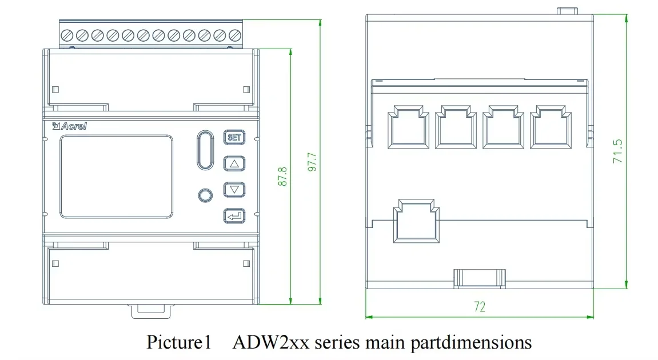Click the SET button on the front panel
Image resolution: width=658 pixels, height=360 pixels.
tap(233, 138)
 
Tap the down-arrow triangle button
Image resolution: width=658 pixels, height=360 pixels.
tap(233, 190)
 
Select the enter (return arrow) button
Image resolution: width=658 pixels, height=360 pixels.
tap(233, 216)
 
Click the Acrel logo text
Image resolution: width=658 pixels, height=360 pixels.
tap(69, 126)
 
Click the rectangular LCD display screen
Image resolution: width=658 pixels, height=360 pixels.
tap(116, 177)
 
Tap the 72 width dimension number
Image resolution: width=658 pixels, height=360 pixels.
tap(479, 307)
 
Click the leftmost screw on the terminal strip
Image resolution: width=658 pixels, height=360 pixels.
tap(67, 35)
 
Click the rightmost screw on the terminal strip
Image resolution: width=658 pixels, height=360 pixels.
tap(234, 35)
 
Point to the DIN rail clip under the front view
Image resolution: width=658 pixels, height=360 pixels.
tap(150, 310)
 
